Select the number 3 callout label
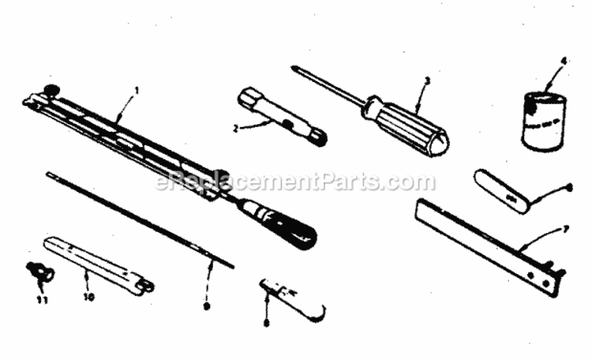(x=426, y=81)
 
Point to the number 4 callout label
(x=564, y=61)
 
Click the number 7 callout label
(x=564, y=228)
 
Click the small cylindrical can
(x=544, y=120)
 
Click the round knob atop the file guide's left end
(x=53, y=90)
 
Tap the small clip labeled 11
(x=39, y=274)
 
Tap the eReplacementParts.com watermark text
(x=295, y=182)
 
